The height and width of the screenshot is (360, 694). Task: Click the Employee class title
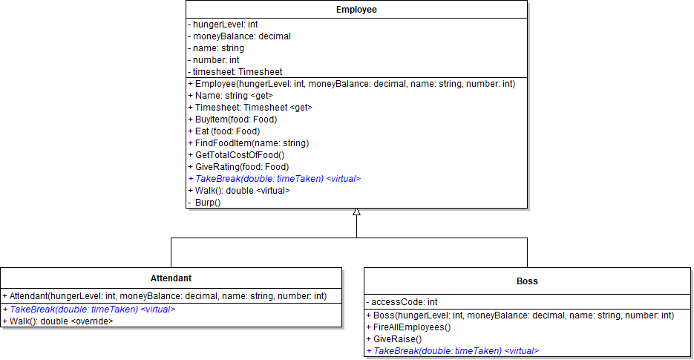pyautogui.click(x=356, y=10)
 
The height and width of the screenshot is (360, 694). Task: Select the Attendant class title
pyautogui.click(x=171, y=278)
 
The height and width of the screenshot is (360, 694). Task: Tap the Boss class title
pyautogui.click(x=527, y=281)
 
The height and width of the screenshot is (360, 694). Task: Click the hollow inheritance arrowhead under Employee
pyautogui.click(x=356, y=212)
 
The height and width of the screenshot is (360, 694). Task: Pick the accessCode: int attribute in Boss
pyautogui.click(x=402, y=302)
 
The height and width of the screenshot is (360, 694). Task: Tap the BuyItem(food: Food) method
pyautogui.click(x=232, y=120)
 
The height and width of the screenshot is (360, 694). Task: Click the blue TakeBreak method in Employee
pyautogui.click(x=274, y=179)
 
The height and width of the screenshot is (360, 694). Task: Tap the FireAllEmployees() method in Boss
pyautogui.click(x=408, y=327)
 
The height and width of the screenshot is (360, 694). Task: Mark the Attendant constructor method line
pyautogui.click(x=164, y=296)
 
